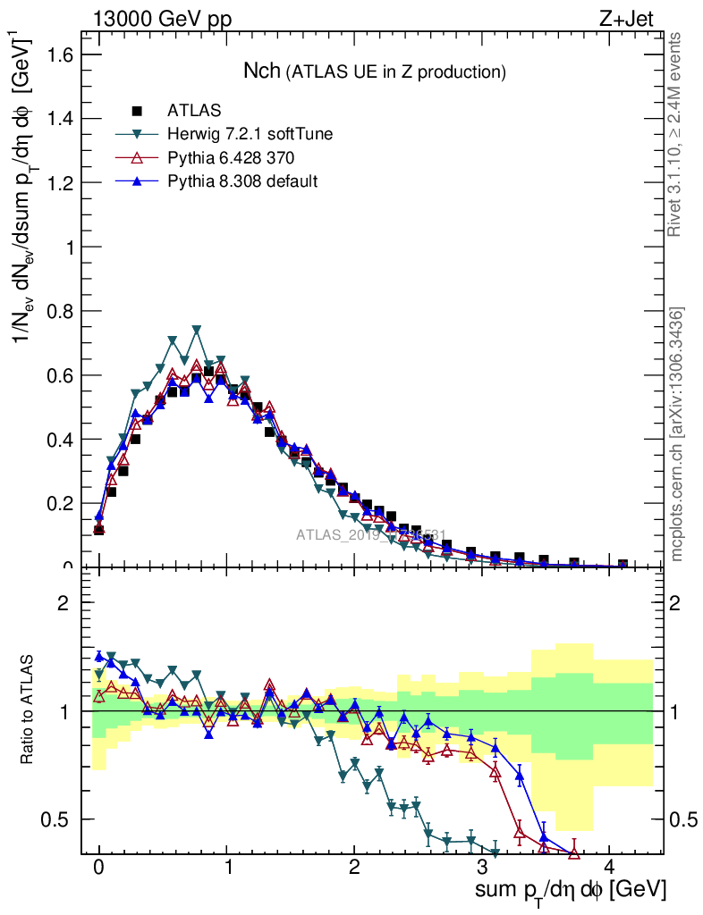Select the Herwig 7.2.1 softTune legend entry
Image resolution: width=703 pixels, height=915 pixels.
(250, 134)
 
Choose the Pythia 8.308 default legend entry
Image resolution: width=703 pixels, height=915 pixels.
(242, 181)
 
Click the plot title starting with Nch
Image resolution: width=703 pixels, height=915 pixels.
(375, 71)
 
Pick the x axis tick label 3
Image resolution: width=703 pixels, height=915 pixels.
(482, 868)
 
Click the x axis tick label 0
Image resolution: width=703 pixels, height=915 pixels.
(98, 868)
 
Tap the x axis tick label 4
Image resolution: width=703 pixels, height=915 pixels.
(610, 868)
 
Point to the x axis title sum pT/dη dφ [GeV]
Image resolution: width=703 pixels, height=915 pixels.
(571, 892)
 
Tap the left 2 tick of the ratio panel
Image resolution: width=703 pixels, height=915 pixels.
(64, 602)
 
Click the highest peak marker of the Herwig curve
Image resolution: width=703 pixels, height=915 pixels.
(196, 330)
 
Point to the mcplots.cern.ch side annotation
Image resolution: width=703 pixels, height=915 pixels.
(677, 434)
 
